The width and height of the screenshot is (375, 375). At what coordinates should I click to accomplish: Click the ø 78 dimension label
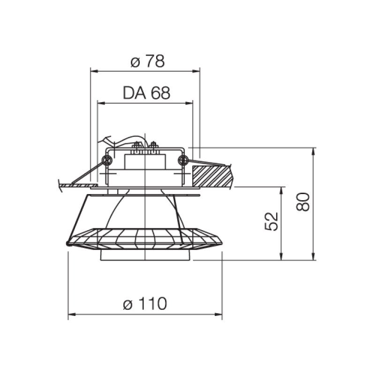pos(148,61)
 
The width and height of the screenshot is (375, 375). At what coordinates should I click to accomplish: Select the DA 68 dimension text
pos(146,93)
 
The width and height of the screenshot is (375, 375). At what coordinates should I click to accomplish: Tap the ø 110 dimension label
pos(145,303)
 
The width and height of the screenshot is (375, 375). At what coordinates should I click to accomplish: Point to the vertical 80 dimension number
pos(303,202)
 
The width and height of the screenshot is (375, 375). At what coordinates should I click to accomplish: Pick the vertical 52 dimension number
pos(271,221)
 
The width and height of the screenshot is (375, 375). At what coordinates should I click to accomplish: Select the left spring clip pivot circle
pos(107,160)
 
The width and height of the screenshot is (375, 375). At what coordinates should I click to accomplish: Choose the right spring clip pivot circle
pos(183,160)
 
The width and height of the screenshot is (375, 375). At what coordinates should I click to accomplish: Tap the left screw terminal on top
pos(137,147)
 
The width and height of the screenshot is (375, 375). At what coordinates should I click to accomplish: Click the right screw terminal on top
pos(153,147)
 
